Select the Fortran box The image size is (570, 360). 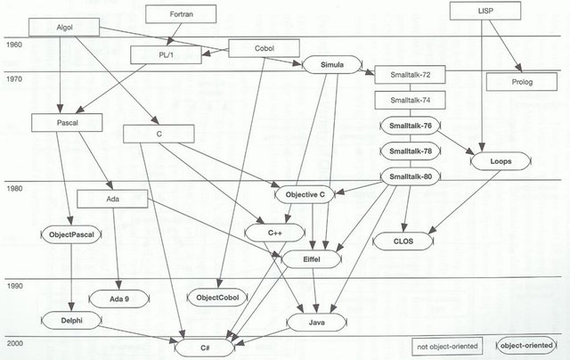[175, 14]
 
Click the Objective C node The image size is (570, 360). [307, 193]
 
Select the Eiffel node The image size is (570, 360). [311, 258]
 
